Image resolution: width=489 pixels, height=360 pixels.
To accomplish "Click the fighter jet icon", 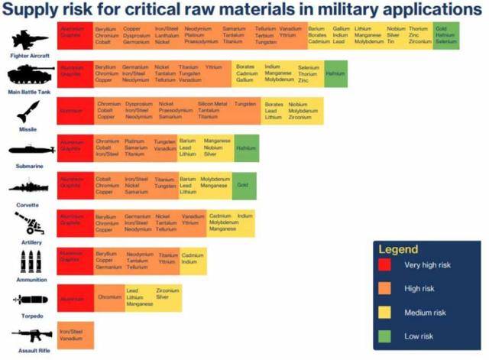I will [x=28, y=40].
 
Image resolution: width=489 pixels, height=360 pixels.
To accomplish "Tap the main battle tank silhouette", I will [x=29, y=76].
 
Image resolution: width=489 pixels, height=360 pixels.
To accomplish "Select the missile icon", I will [x=28, y=112].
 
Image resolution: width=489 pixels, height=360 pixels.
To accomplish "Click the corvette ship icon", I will [x=28, y=187].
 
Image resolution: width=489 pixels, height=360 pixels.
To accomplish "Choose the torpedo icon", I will [x=28, y=300].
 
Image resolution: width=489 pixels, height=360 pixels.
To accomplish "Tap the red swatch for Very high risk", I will [x=385, y=265].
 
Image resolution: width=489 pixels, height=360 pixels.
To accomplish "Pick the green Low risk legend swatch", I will [x=385, y=335].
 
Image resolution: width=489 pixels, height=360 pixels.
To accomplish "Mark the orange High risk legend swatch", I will [x=385, y=289].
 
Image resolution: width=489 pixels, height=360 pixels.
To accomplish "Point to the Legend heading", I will [x=398, y=249].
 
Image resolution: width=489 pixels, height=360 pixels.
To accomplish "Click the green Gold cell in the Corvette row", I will [x=243, y=185].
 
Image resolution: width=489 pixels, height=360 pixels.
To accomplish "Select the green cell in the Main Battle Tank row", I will [x=335, y=73].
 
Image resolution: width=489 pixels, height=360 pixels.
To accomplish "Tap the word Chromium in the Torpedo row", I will [x=109, y=297].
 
